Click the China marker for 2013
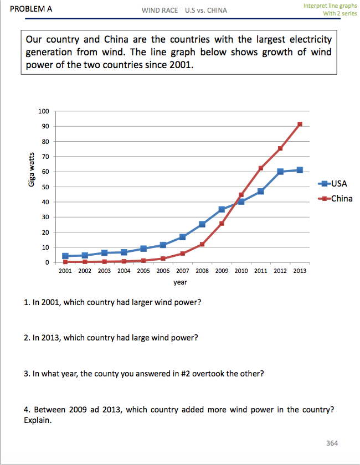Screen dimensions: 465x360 (x=300, y=124)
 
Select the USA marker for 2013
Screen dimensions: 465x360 (x=300, y=170)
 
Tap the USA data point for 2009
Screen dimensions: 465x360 (x=222, y=209)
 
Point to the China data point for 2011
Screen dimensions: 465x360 (x=261, y=168)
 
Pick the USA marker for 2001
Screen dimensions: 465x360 (x=65, y=256)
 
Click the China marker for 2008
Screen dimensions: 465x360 (x=202, y=244)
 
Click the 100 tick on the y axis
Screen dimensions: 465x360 (x=44, y=111)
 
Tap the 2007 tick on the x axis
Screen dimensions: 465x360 (x=183, y=272)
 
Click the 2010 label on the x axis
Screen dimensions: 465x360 (x=241, y=272)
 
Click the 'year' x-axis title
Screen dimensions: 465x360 (x=180, y=282)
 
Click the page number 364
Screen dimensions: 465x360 (x=332, y=443)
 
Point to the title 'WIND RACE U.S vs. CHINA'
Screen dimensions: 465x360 (x=184, y=11)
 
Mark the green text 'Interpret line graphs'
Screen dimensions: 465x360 (x=330, y=6)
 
